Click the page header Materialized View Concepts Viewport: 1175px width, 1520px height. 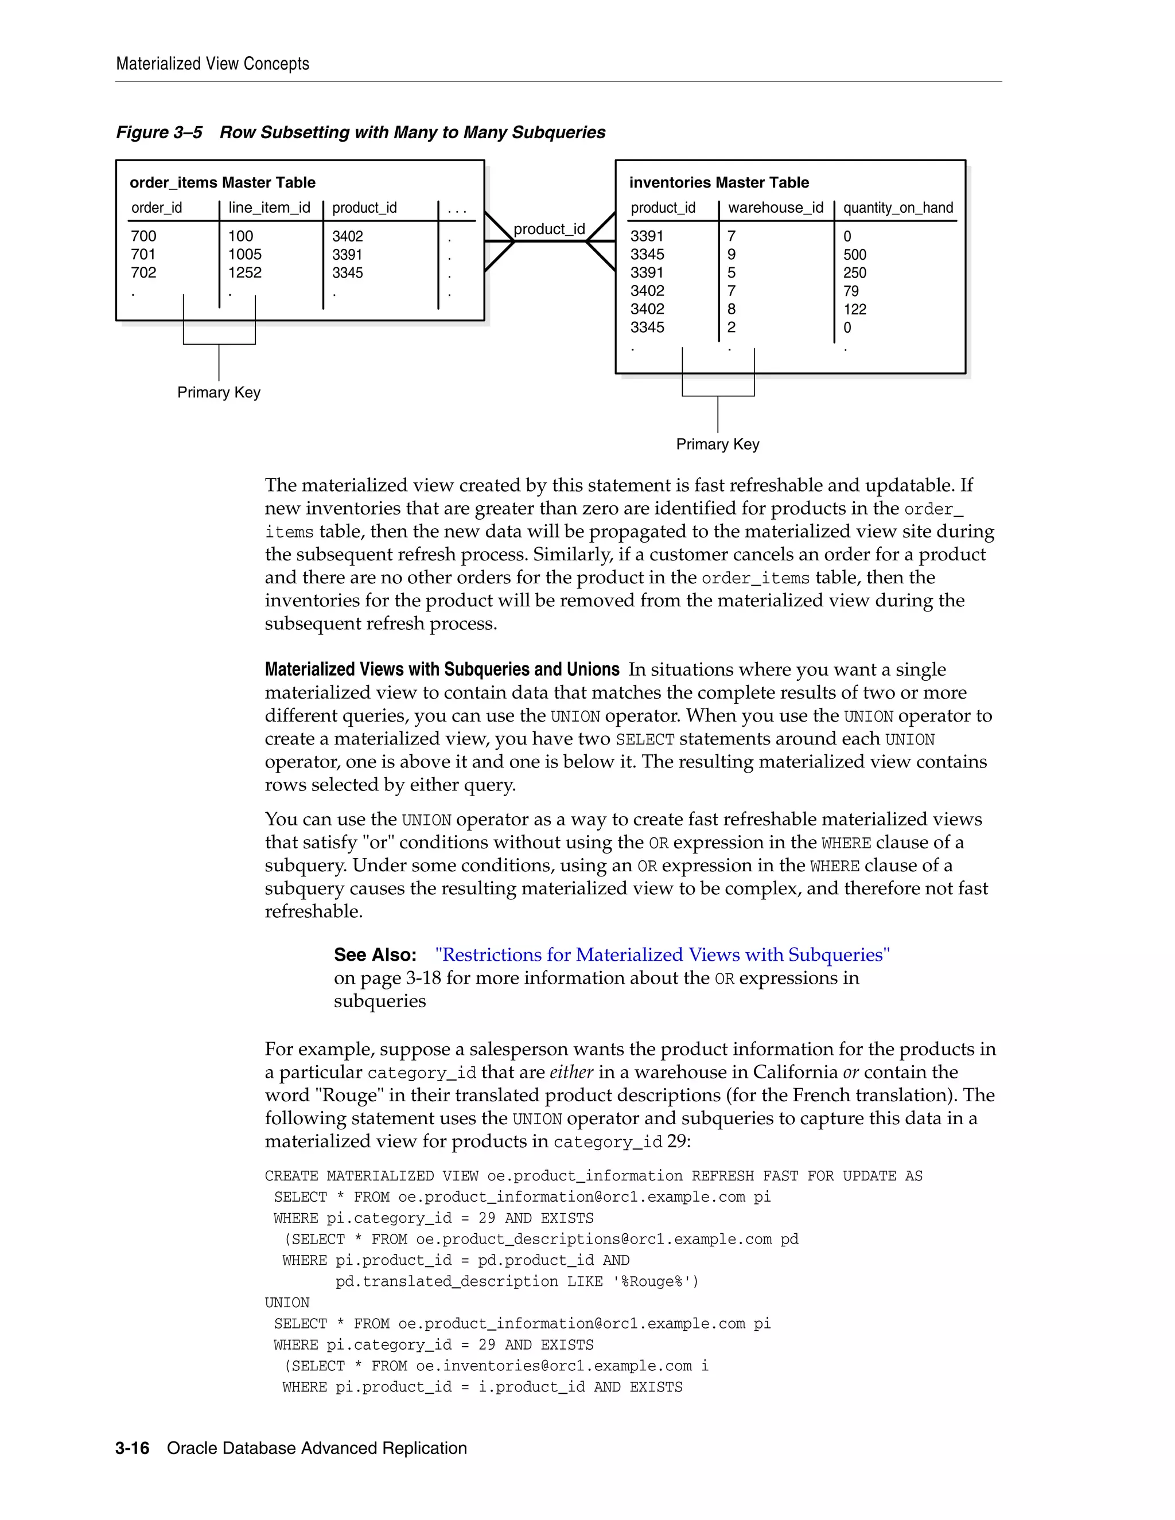click(x=212, y=63)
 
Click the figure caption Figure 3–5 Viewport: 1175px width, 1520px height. click(x=159, y=132)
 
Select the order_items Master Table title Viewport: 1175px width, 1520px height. click(x=222, y=182)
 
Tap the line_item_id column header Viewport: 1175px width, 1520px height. click(x=270, y=208)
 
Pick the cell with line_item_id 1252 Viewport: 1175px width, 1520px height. click(x=245, y=273)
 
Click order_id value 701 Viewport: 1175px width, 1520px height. click(x=143, y=255)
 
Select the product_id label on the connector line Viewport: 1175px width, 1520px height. click(x=548, y=229)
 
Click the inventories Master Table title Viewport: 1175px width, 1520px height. click(x=718, y=182)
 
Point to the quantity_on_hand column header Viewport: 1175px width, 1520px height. click(x=898, y=208)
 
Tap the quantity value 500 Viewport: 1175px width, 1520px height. click(x=855, y=255)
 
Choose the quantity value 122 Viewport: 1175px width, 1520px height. click(x=855, y=309)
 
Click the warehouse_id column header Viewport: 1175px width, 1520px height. click(x=776, y=208)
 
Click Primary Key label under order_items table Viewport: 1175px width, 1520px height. click(x=219, y=392)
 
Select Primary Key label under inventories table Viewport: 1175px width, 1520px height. click(x=718, y=444)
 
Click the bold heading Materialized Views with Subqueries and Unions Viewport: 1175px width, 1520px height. click(x=442, y=669)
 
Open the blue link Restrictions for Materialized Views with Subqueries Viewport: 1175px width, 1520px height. click(x=662, y=955)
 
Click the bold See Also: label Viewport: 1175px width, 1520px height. click(x=375, y=955)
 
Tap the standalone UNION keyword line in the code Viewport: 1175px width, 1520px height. click(x=287, y=1303)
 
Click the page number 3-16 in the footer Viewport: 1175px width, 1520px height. click(x=133, y=1448)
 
